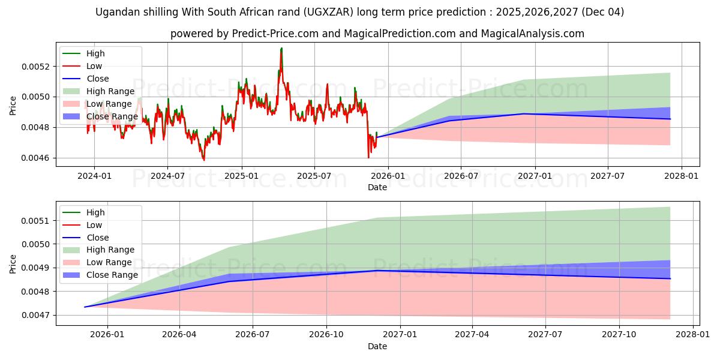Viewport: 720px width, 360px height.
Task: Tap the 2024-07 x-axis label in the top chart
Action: (167, 176)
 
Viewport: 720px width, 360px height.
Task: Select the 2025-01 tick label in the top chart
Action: (241, 176)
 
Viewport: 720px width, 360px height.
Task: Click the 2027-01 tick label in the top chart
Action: (535, 176)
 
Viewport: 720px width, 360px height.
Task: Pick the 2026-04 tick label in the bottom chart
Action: (179, 335)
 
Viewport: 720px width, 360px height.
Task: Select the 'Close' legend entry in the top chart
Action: (98, 79)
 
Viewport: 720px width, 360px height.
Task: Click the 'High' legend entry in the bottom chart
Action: (95, 212)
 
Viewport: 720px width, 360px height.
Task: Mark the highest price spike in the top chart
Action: (281, 48)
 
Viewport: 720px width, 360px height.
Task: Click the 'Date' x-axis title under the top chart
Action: (377, 187)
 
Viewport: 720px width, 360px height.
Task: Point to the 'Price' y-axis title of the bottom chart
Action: (13, 263)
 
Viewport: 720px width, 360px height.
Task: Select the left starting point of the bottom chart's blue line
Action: (85, 307)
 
